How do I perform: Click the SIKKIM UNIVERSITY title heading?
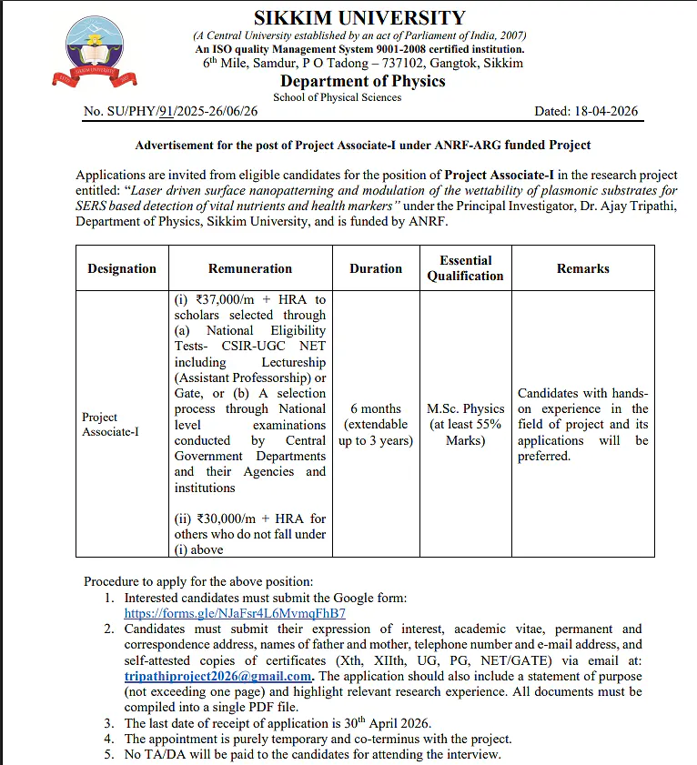click(x=359, y=18)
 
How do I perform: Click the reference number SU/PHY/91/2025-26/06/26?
click(x=170, y=112)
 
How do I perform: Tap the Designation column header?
click(x=122, y=268)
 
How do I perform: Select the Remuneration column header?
click(x=250, y=268)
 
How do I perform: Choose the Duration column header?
click(x=376, y=268)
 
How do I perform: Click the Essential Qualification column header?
click(x=465, y=268)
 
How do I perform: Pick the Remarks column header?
click(x=583, y=268)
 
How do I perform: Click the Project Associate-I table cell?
click(x=110, y=425)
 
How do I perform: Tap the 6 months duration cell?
click(x=376, y=425)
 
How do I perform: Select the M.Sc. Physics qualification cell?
click(x=465, y=425)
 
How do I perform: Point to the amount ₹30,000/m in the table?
click(x=224, y=518)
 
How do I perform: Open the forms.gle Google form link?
click(x=235, y=613)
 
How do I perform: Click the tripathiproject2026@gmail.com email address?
click(x=219, y=677)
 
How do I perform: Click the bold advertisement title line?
click(x=362, y=145)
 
